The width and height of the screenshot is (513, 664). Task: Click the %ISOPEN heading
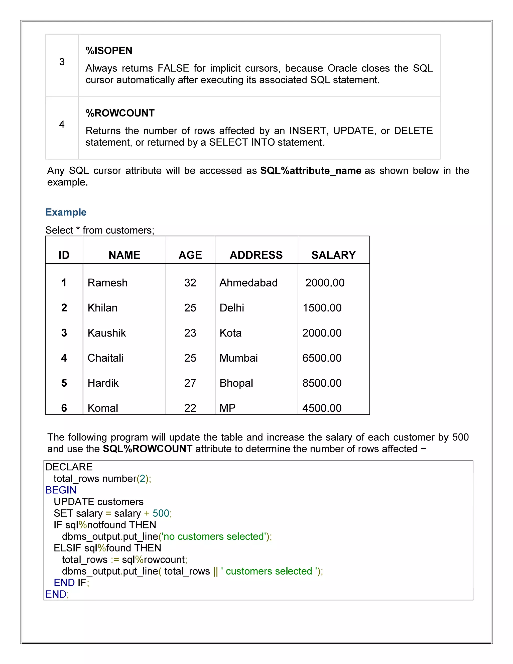(109, 50)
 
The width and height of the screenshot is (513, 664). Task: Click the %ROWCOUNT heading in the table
(120, 113)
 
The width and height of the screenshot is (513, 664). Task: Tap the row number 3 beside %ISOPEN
(62, 62)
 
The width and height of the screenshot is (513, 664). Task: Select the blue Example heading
(66, 212)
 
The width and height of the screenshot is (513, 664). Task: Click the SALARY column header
(333, 255)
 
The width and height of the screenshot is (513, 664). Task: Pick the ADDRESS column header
(256, 255)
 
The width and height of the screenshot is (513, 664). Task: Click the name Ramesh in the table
(107, 282)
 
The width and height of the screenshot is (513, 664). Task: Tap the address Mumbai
(238, 358)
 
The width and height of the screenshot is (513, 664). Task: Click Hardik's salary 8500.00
(322, 383)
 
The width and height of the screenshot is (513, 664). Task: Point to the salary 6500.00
(322, 358)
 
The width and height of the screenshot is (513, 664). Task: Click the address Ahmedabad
(248, 282)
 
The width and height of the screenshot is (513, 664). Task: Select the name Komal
(103, 408)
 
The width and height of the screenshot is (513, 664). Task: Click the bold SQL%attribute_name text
(311, 171)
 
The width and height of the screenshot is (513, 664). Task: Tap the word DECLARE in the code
(69, 467)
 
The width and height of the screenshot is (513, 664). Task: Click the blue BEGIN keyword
(61, 490)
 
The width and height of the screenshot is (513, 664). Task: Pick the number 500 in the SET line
(161, 513)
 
